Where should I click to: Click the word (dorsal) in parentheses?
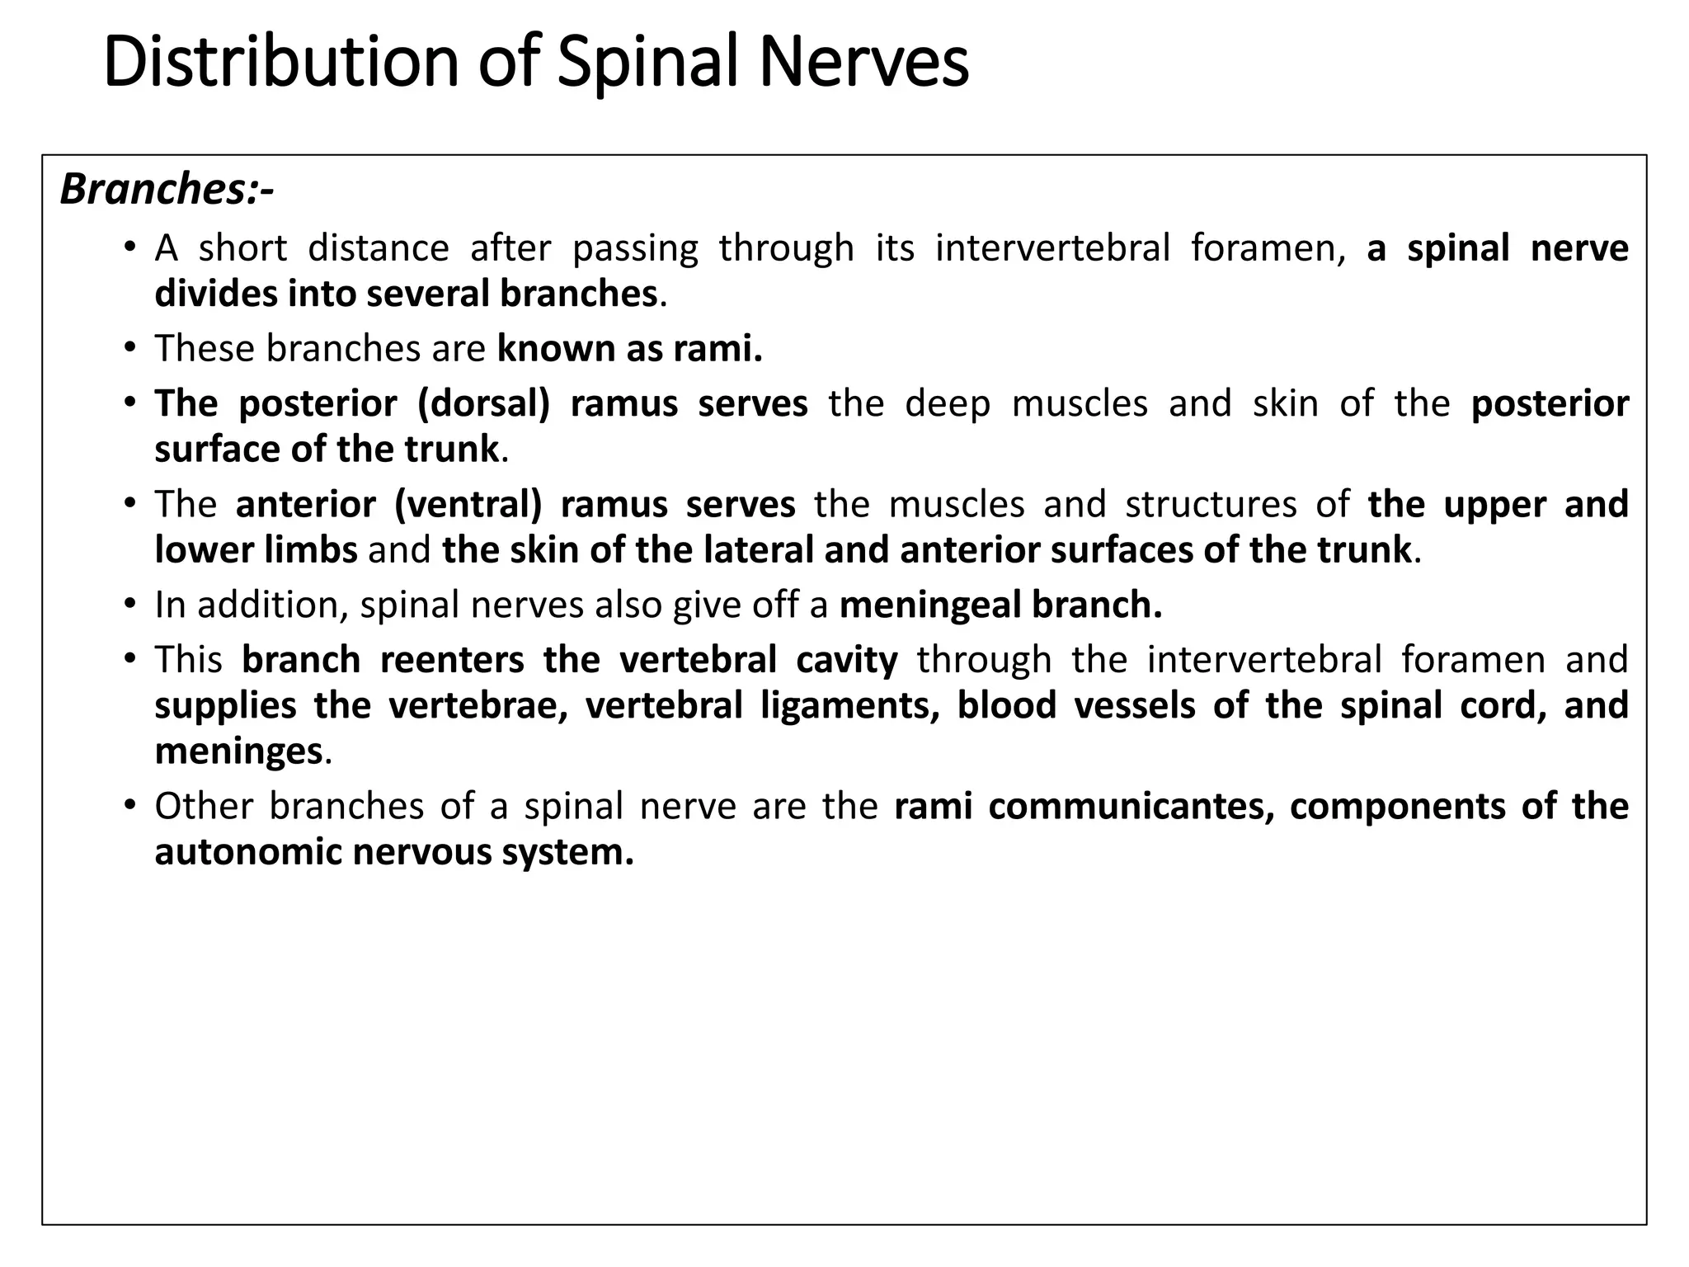pyautogui.click(x=483, y=403)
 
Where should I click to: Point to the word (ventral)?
pyautogui.click(x=468, y=504)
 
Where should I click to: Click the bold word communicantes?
pyautogui.click(x=1126, y=806)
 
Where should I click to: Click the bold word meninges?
pyautogui.click(x=238, y=751)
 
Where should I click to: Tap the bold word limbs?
pyautogui.click(x=311, y=549)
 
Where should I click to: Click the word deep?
pyautogui.click(x=947, y=403)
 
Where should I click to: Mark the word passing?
pyautogui.click(x=635, y=248)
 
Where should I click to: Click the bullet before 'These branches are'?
pyautogui.click(x=129, y=347)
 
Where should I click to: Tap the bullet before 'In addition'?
pyautogui.click(x=129, y=604)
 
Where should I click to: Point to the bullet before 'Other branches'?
pyautogui.click(x=129, y=805)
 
